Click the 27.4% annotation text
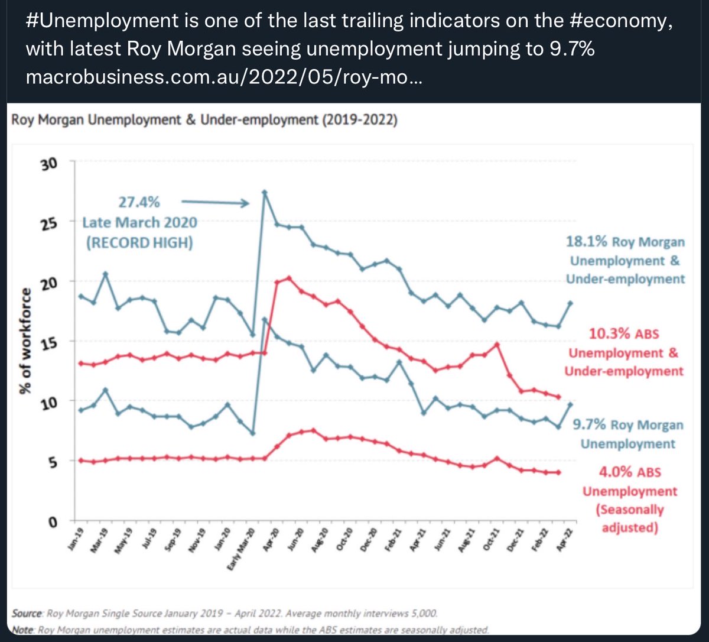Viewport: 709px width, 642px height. [x=139, y=203]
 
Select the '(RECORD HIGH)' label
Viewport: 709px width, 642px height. [x=139, y=242]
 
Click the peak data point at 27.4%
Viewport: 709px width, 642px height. [x=265, y=192]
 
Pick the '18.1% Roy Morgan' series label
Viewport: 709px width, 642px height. [x=626, y=242]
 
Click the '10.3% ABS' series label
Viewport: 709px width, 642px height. [x=624, y=334]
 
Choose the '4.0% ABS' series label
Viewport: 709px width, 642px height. [x=630, y=473]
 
